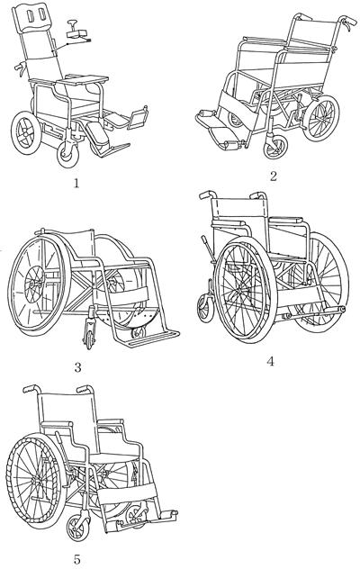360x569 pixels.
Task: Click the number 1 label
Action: [x=76, y=184]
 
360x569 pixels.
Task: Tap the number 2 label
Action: [x=274, y=176]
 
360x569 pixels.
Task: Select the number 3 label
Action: [x=77, y=368]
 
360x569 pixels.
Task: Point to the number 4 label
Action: [x=270, y=361]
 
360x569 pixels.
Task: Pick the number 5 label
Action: [x=76, y=559]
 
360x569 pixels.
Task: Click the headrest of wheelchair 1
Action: [x=33, y=18]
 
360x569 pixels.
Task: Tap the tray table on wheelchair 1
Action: [x=83, y=79]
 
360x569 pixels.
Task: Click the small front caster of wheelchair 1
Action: [x=67, y=154]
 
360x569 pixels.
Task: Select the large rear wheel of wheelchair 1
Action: [x=26, y=133]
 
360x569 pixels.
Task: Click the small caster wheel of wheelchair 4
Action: [x=205, y=308]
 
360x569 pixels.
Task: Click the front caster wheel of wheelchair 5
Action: [x=78, y=527]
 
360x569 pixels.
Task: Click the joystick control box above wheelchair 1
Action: [x=77, y=33]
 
